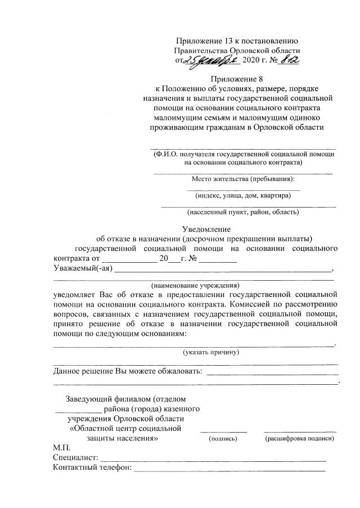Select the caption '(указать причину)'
(x=211, y=352)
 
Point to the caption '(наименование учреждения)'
(x=195, y=285)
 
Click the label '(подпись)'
(x=223, y=438)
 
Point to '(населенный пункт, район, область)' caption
(x=243, y=213)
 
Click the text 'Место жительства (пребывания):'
(x=243, y=179)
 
